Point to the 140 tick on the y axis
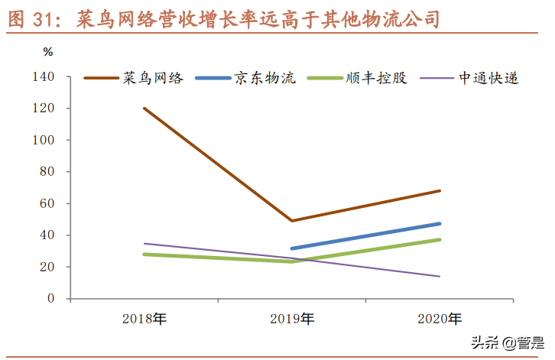click(x=44, y=77)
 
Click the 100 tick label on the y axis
click(x=44, y=141)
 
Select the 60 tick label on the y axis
click(x=47, y=203)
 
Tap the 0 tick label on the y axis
click(x=50, y=298)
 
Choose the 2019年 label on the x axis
click(x=292, y=318)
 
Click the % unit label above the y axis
click(x=48, y=52)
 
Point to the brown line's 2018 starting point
click(x=144, y=108)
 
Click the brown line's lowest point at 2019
click(x=292, y=221)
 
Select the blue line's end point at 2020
click(x=440, y=223)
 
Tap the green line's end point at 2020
click(x=440, y=239)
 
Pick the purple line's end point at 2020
click(x=440, y=276)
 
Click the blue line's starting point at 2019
click(x=292, y=248)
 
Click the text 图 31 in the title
click(x=34, y=18)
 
